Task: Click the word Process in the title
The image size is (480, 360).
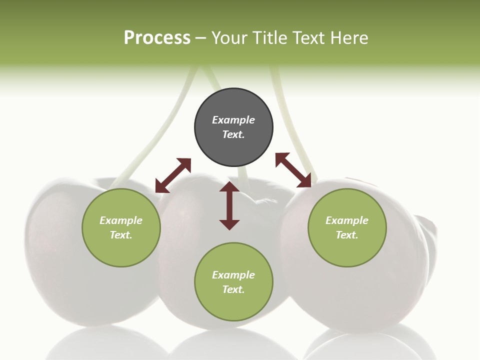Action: pos(157,38)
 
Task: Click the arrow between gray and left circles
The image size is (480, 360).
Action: pos(173,175)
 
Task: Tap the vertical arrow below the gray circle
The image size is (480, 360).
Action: pos(229,205)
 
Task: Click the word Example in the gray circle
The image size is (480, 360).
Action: pos(233,120)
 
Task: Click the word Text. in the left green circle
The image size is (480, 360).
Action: pos(121,235)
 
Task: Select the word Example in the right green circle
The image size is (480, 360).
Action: pos(347,220)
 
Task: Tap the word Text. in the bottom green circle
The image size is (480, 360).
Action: pos(233,289)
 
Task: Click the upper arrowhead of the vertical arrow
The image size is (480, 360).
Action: pos(229,187)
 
